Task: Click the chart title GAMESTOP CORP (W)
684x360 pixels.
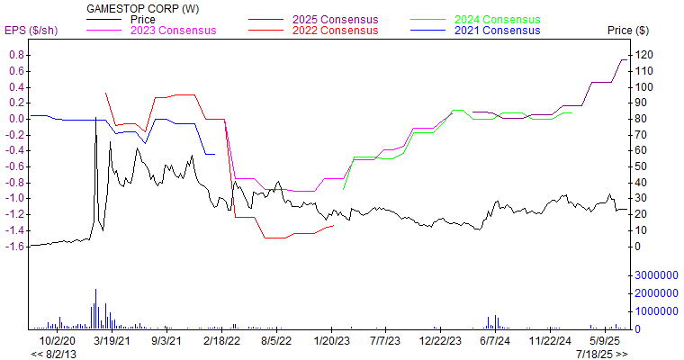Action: click(143, 8)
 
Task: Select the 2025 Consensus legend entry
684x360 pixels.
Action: click(335, 19)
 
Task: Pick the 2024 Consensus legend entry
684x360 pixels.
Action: click(497, 19)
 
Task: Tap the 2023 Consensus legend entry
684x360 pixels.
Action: click(173, 31)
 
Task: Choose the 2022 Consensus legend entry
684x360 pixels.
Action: click(335, 31)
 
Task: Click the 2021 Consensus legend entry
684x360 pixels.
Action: click(497, 31)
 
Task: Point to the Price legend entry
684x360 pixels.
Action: click(143, 19)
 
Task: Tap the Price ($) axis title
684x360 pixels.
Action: click(628, 31)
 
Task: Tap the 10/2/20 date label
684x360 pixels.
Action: click(58, 342)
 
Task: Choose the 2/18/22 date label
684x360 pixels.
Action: click(221, 342)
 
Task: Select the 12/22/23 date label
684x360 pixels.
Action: click(440, 342)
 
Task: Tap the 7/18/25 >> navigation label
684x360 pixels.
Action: click(602, 354)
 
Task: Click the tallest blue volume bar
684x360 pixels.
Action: click(95, 309)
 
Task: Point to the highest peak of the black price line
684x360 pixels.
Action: click(95, 118)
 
